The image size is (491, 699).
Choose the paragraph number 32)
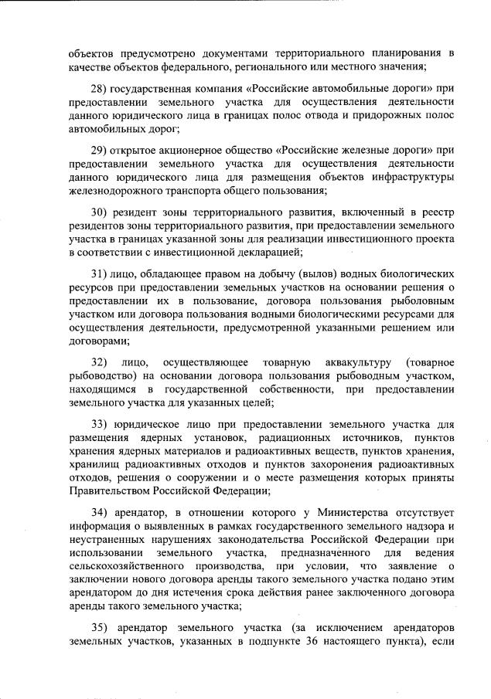(98, 362)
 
